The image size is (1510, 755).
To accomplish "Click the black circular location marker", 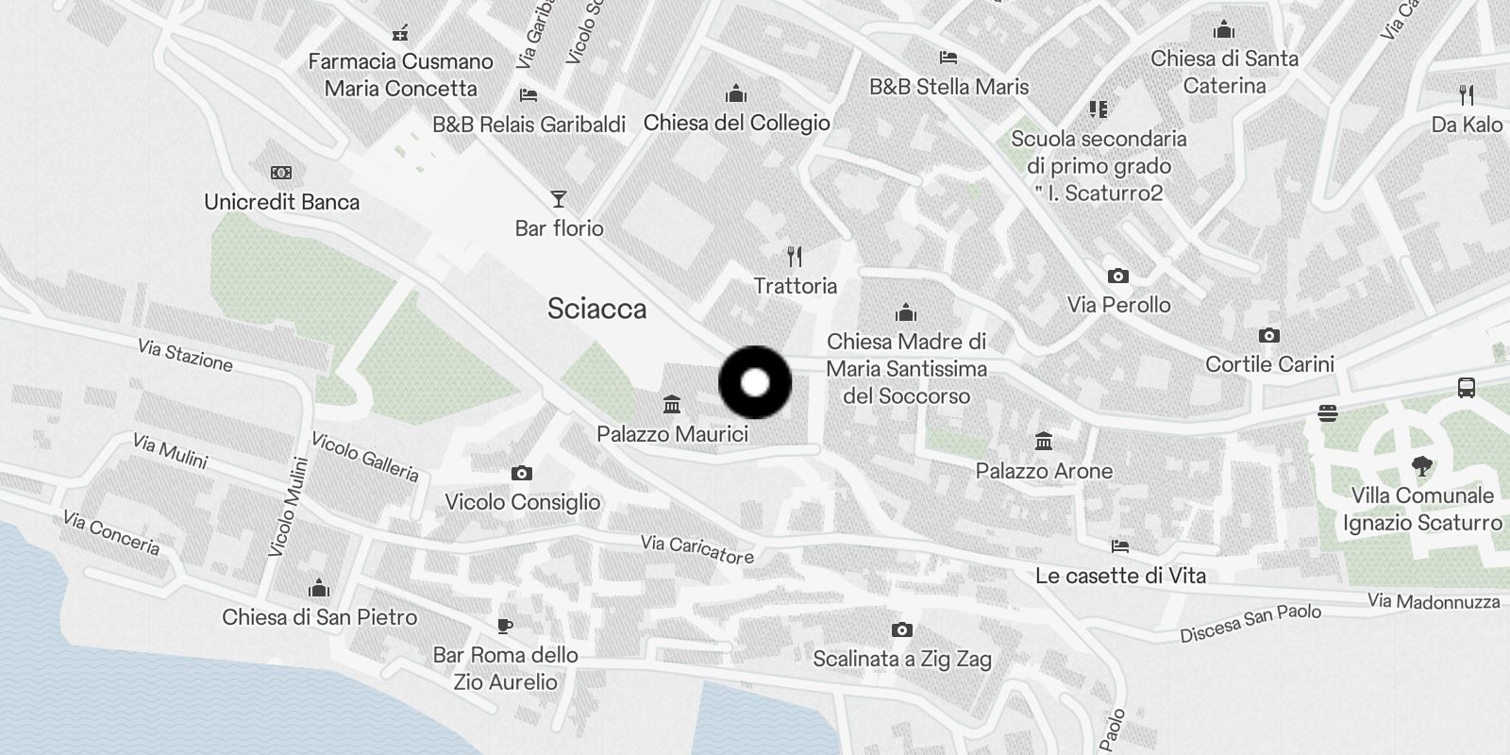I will [x=755, y=382].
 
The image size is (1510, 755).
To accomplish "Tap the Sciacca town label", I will [x=596, y=310].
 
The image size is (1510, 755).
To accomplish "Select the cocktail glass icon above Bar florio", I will [x=559, y=199].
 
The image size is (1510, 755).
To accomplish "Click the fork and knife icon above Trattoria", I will [x=795, y=257].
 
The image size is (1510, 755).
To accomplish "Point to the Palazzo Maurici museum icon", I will [x=672, y=405].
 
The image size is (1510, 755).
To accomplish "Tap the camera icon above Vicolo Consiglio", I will [x=521, y=473].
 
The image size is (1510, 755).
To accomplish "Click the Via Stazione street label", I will [x=185, y=356].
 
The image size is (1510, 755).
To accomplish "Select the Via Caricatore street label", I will [x=696, y=548].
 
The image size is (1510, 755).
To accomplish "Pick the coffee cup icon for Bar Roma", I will [x=505, y=626].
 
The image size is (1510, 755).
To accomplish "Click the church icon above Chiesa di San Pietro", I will [x=319, y=589].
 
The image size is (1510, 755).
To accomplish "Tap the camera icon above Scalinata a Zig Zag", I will [x=901, y=629].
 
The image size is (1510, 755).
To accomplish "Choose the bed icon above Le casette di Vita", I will [x=1120, y=546].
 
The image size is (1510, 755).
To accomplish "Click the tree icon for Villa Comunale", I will [x=1421, y=465].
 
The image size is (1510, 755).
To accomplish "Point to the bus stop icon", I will [x=1466, y=387].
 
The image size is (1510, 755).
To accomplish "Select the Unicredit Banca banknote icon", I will [x=281, y=173].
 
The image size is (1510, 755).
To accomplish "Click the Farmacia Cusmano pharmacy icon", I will [x=400, y=34].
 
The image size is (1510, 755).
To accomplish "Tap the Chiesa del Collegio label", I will [x=736, y=123].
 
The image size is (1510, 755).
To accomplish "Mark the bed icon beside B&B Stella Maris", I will [x=948, y=59].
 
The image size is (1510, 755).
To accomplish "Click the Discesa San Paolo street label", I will [x=1250, y=624].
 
